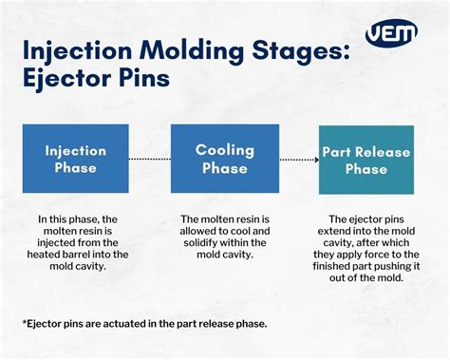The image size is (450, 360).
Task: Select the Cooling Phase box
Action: click(224, 160)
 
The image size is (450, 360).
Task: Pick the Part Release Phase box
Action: click(366, 160)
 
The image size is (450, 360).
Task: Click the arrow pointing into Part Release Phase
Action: click(310, 160)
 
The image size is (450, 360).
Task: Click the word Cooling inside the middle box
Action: click(224, 150)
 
